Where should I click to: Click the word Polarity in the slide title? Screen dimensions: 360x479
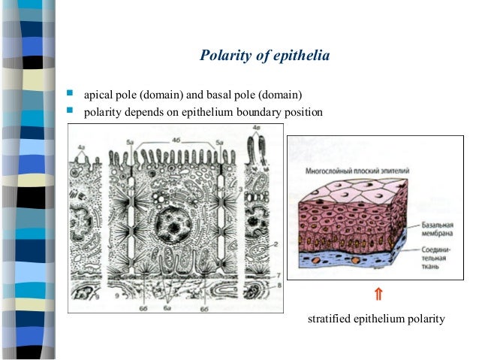pyautogui.click(x=223, y=56)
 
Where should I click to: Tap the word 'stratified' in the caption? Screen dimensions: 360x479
pyautogui.click(x=330, y=319)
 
